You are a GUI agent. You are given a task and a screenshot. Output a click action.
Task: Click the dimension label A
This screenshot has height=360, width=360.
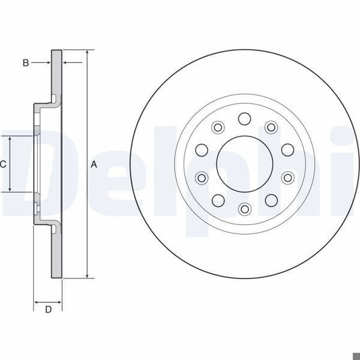pyautogui.click(x=94, y=164)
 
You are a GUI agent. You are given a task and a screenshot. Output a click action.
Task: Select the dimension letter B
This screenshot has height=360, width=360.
pyautogui.click(x=26, y=62)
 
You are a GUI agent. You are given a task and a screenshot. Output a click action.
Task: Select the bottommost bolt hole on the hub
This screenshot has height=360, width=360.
pyautogui.click(x=244, y=209)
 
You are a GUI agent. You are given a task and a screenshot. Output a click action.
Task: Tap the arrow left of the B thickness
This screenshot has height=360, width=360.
pyautogui.click(x=47, y=62)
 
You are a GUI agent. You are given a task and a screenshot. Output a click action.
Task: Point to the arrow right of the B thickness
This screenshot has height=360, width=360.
pyautogui.click(x=65, y=62)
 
